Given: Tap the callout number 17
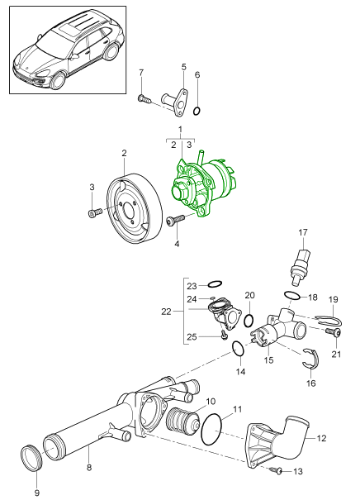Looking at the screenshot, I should [302, 232].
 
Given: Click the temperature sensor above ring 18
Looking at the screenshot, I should [303, 264].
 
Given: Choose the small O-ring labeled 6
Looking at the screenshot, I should [198, 109].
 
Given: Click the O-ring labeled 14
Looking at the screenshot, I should [236, 349].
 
